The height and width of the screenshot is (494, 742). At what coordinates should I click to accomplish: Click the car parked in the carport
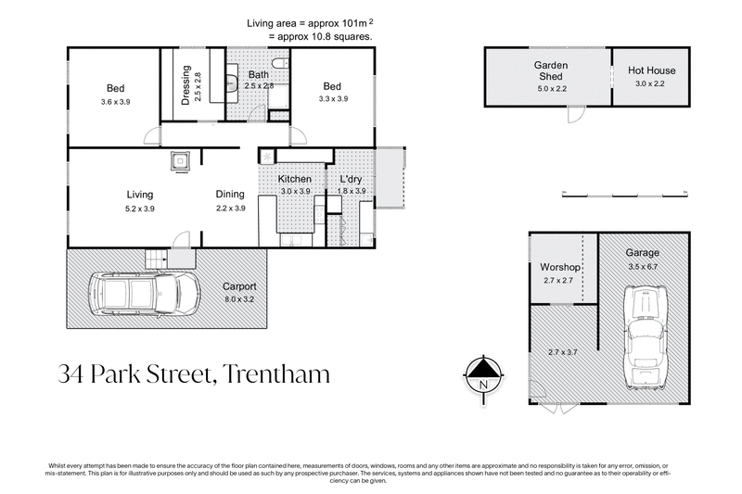[x=143, y=294]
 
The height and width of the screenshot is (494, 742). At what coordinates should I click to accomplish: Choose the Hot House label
[x=652, y=70]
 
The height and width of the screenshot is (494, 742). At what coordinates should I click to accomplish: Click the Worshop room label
[x=560, y=267]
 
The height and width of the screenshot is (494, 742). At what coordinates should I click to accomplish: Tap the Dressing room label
[x=186, y=84]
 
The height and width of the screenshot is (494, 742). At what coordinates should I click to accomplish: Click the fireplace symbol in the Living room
[x=181, y=161]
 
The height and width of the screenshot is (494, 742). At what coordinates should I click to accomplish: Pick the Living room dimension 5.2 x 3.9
[x=140, y=209]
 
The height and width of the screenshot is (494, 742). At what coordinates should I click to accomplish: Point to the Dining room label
[x=230, y=195]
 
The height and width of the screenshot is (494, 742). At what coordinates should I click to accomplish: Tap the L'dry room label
[x=351, y=179]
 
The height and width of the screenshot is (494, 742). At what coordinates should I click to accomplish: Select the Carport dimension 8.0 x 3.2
[x=239, y=299]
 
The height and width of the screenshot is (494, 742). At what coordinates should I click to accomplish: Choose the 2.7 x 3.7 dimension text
[x=563, y=353]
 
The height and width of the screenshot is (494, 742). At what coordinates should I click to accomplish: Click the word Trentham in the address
[x=275, y=374]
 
